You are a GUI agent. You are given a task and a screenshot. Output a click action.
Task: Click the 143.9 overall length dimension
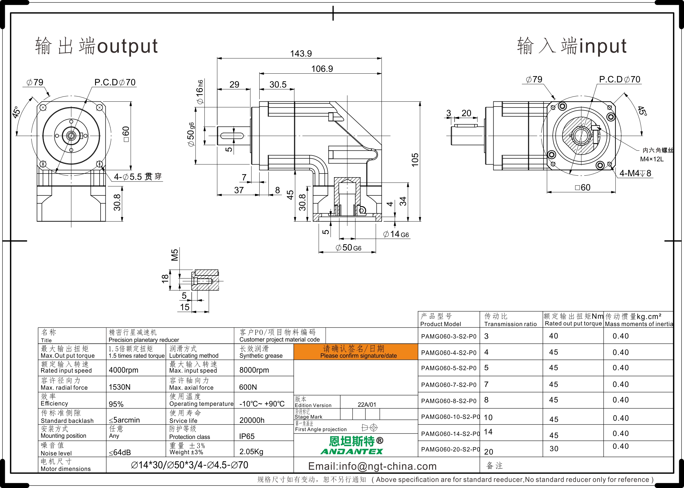click(x=301, y=54)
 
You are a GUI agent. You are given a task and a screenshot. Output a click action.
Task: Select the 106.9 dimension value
click(x=322, y=69)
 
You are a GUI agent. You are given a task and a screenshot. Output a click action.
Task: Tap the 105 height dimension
click(x=415, y=160)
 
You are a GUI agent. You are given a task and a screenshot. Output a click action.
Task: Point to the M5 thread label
click(x=175, y=255)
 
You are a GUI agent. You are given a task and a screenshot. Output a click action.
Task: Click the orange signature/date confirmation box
click(x=356, y=352)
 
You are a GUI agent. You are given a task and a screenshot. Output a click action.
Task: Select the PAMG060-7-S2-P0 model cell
click(x=449, y=385)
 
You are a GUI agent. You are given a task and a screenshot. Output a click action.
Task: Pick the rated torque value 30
click(x=554, y=449)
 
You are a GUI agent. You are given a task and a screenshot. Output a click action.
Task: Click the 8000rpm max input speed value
click(x=254, y=370)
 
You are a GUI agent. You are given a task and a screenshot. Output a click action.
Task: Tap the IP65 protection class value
click(x=247, y=436)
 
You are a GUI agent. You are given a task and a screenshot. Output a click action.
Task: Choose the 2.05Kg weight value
click(x=251, y=452)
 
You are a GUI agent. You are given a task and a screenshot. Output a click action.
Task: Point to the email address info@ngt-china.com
click(x=372, y=466)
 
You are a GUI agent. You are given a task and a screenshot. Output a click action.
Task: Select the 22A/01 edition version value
click(x=367, y=405)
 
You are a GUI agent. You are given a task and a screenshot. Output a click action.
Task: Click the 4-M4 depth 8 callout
click(x=635, y=173)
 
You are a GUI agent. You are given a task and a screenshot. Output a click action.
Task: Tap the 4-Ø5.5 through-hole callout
click(x=138, y=177)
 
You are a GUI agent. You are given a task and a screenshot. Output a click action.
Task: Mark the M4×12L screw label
click(x=652, y=159)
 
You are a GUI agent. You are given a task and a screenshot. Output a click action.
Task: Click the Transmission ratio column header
click(x=511, y=324)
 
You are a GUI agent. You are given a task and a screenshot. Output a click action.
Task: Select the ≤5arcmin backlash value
click(x=124, y=420)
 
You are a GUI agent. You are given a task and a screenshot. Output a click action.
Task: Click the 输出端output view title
click(x=96, y=46)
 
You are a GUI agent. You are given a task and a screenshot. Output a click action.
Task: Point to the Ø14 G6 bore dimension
click(x=396, y=234)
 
